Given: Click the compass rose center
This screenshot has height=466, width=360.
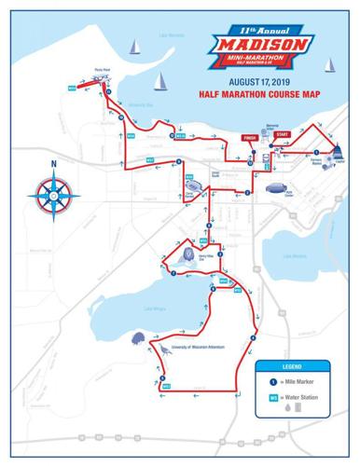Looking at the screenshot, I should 55,196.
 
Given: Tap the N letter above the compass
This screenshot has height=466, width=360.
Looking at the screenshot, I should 55,168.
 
